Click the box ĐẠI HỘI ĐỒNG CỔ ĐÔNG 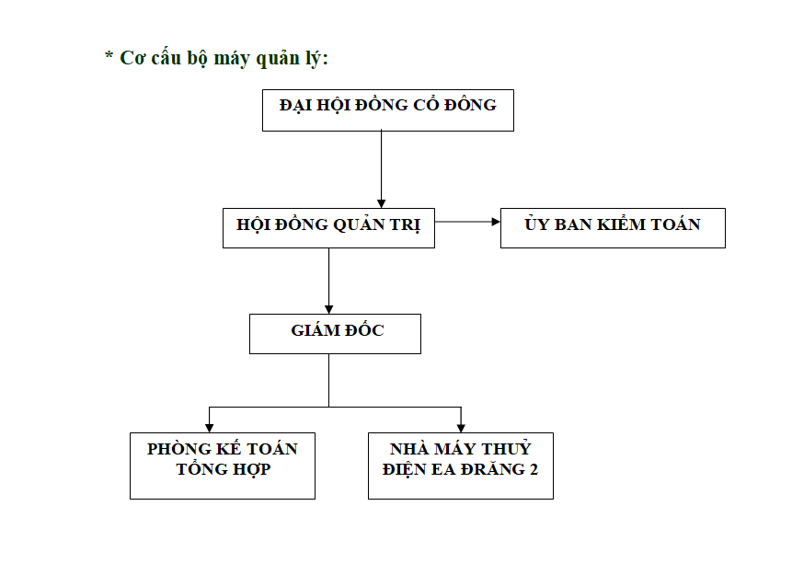coord(388,110)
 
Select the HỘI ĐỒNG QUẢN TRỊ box coord(328,228)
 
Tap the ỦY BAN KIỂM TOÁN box coord(613,228)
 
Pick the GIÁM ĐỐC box coord(335,334)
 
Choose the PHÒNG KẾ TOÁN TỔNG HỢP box coord(223,466)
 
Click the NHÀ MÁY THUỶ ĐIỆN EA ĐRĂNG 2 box coord(461,466)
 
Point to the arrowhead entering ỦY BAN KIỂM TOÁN coord(496,222)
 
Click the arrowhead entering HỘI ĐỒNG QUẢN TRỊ coord(382,203)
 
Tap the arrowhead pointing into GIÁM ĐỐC coord(328,309)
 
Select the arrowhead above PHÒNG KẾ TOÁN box coord(209,428)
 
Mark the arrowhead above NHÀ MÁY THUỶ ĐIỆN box coord(461,428)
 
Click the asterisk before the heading coord(109,54)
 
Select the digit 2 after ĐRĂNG coord(534,469)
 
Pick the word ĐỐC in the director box coord(364,329)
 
